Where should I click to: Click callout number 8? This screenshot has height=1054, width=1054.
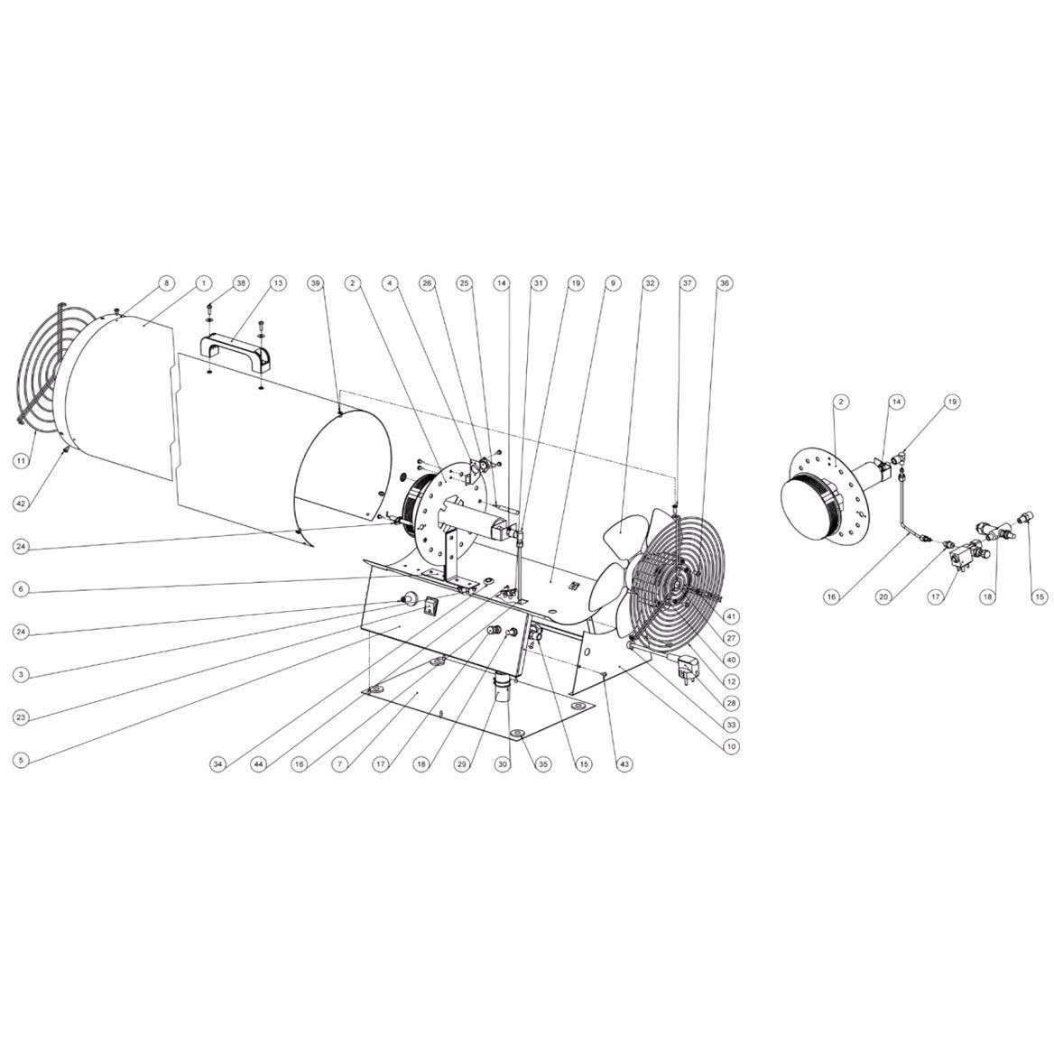(167, 283)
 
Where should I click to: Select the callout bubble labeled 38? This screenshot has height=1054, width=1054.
(241, 283)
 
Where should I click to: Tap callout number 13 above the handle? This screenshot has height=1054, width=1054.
(278, 283)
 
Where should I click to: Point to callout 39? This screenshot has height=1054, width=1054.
(315, 283)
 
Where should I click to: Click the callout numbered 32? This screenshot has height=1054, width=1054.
(650, 283)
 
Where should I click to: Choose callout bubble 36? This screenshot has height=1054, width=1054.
(724, 283)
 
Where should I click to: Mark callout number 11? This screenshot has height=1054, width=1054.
(22, 460)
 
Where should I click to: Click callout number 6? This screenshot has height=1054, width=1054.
(22, 589)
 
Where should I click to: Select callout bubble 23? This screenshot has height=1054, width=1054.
(22, 718)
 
